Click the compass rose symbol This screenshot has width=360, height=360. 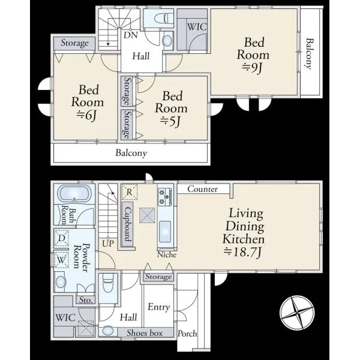pos(297,313)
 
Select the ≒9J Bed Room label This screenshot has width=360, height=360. pos(253,55)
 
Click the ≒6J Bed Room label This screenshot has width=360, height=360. pos(88,103)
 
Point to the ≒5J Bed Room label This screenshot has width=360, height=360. pos(171,109)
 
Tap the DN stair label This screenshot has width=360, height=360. pos(131,35)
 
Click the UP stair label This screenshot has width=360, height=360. pos(107,244)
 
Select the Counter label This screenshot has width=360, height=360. pos(203,189)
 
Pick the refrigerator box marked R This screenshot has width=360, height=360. pos(129,192)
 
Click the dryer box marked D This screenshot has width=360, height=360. pos(62,238)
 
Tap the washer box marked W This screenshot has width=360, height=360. pos(61,260)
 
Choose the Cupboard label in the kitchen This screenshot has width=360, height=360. pos(128,224)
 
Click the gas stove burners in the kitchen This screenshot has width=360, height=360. pos(165,197)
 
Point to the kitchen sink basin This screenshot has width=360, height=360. pos(165,232)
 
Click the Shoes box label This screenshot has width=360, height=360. pos(145,332)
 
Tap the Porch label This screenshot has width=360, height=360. pos(187,334)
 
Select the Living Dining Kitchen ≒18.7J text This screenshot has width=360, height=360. pos(244,233)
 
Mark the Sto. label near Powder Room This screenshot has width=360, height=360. pos(86,300)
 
